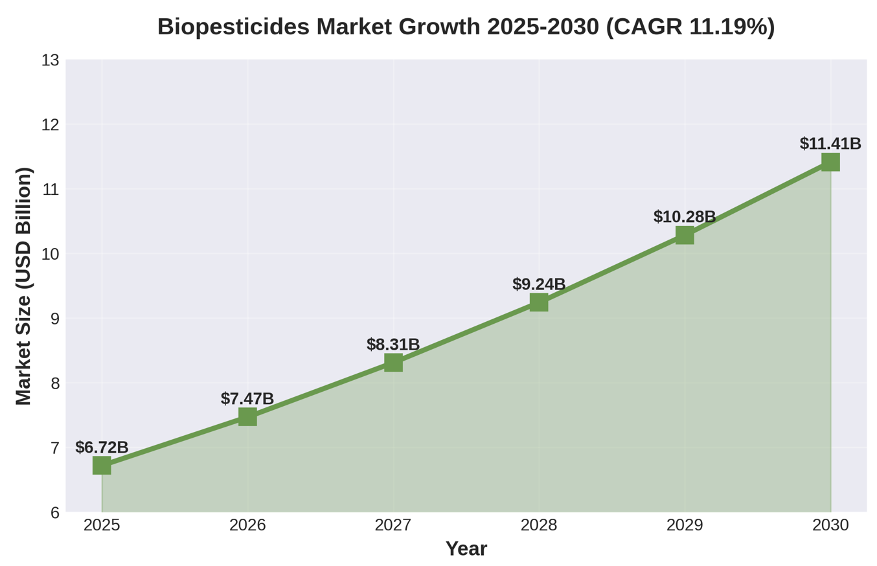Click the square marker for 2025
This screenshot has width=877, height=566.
[x=102, y=465]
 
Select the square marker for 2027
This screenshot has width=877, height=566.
[x=393, y=362]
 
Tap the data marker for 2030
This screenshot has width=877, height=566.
[x=830, y=162]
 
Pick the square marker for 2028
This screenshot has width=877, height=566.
[x=539, y=302]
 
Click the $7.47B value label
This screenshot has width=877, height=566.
[x=247, y=398]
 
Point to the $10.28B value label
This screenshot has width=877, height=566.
[x=685, y=216]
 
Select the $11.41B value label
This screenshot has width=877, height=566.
[x=830, y=143]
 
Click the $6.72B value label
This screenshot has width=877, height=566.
[x=102, y=447]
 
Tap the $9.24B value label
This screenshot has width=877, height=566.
[x=539, y=284]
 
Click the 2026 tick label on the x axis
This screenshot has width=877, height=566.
[x=247, y=525]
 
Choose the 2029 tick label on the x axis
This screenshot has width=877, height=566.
[x=685, y=525]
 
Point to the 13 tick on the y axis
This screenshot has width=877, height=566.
[x=50, y=60]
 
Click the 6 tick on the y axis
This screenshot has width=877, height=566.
[x=54, y=512]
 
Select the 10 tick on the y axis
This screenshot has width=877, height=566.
[x=50, y=254]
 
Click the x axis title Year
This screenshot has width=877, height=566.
[x=466, y=549]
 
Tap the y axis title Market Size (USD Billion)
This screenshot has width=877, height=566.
[x=23, y=286]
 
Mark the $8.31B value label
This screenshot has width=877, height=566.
[x=393, y=344]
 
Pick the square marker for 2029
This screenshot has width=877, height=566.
[x=685, y=235]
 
